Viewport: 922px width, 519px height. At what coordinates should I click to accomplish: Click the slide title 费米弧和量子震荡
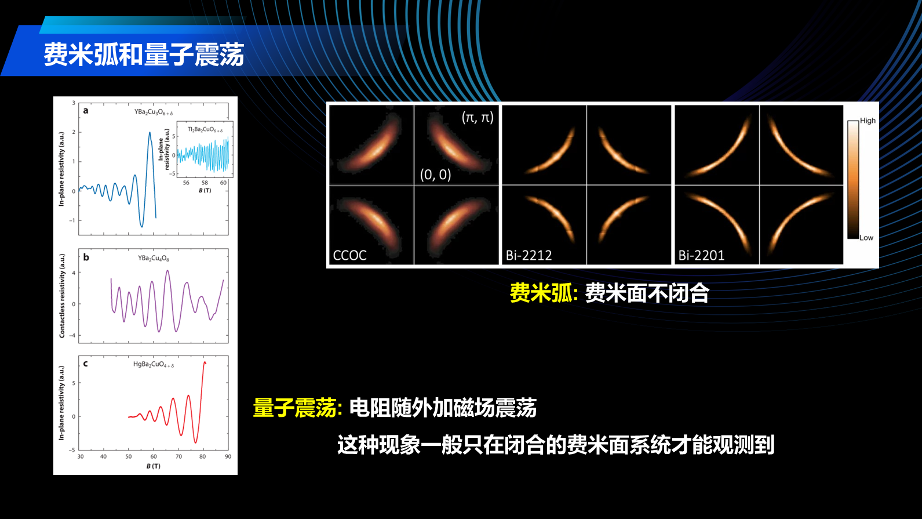[x=144, y=55]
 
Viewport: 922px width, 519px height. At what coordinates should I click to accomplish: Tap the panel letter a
[x=86, y=110]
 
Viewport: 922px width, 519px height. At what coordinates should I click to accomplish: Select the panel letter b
[x=86, y=257]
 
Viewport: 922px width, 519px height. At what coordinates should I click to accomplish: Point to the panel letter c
[x=86, y=364]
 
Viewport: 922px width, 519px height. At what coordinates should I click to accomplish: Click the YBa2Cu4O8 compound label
[x=154, y=258]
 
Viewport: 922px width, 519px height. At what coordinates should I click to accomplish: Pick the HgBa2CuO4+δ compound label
[x=154, y=365]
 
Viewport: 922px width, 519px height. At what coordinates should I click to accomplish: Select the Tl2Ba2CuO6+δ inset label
[x=205, y=130]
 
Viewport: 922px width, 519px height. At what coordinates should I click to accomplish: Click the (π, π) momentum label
[x=478, y=117]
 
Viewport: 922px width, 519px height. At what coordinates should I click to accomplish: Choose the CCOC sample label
[x=349, y=255]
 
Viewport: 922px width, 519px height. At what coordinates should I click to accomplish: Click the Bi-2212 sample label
[x=529, y=255]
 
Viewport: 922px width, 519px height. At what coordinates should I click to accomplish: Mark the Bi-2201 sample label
[x=701, y=255]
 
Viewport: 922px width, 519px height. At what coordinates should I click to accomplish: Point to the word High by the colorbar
[x=868, y=121]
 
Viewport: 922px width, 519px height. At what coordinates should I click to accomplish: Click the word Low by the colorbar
[x=866, y=238]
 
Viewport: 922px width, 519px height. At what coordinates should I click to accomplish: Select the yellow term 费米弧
[x=541, y=293]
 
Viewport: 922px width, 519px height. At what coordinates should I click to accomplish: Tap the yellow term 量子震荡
[x=295, y=408]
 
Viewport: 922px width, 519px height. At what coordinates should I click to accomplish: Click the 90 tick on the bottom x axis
[x=228, y=456]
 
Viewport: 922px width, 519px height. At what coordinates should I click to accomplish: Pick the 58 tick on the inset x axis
[x=205, y=183]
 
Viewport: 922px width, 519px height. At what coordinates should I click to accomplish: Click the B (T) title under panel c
[x=154, y=466]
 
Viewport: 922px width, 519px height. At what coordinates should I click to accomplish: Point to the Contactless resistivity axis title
[x=62, y=296]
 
